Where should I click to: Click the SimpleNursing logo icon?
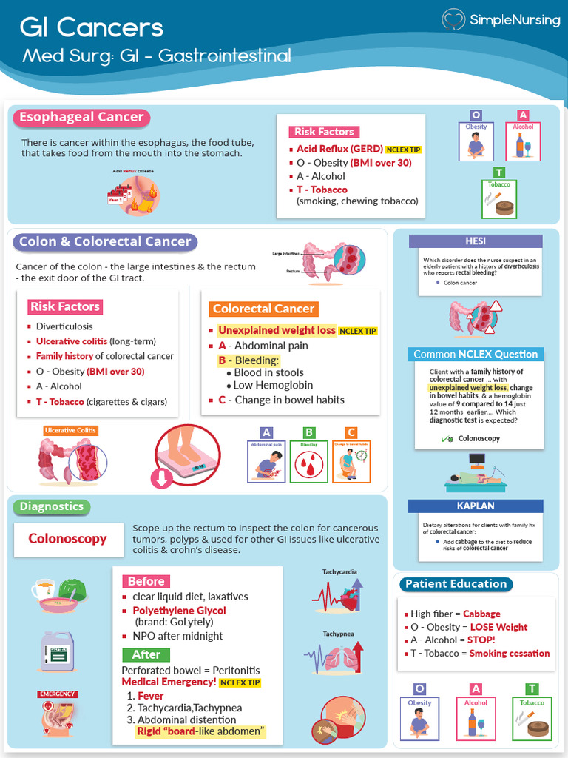pos(453,20)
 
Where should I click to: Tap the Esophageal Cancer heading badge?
pos(81,118)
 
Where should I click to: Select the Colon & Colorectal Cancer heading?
pos(105,242)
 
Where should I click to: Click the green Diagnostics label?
pos(52,506)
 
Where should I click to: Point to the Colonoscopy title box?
pos(67,539)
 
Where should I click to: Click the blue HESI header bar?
pos(476,241)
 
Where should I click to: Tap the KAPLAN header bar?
pos(476,506)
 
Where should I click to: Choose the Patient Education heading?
pos(456,584)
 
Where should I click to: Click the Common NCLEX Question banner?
pos(476,354)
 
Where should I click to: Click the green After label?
pos(146,654)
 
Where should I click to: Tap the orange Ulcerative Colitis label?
pos(70,430)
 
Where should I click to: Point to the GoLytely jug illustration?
pos(58,651)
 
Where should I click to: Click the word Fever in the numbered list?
pos(151,696)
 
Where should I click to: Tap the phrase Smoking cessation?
pos(510,654)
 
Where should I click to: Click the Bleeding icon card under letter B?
pos(308,461)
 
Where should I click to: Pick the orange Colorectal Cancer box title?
pos(263,309)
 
